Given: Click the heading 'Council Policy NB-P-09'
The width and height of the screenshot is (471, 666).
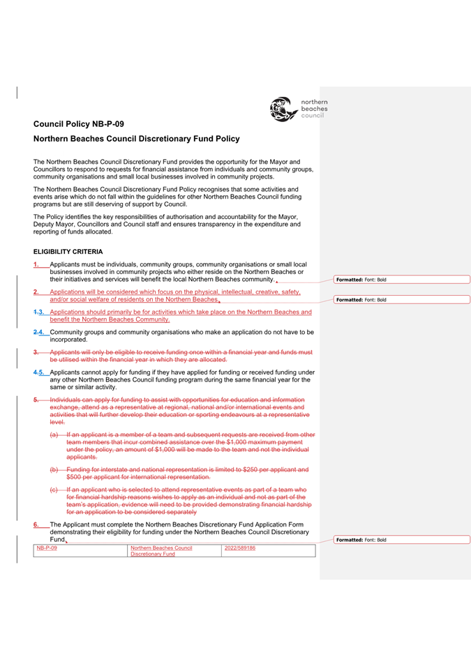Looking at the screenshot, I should pos(79,124).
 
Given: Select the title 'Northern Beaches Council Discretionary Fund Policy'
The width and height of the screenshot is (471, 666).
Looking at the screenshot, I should pos(137,139).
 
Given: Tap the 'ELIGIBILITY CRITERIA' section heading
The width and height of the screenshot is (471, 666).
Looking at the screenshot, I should pos(68,251).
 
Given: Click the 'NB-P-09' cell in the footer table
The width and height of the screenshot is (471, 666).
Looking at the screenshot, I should pos(45,548).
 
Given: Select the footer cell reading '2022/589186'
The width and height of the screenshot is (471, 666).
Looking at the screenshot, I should pos(239,548).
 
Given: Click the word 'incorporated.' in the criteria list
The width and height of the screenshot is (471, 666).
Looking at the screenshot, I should pos(69,340).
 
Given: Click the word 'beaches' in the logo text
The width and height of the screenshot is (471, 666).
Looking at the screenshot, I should pos(313,109).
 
